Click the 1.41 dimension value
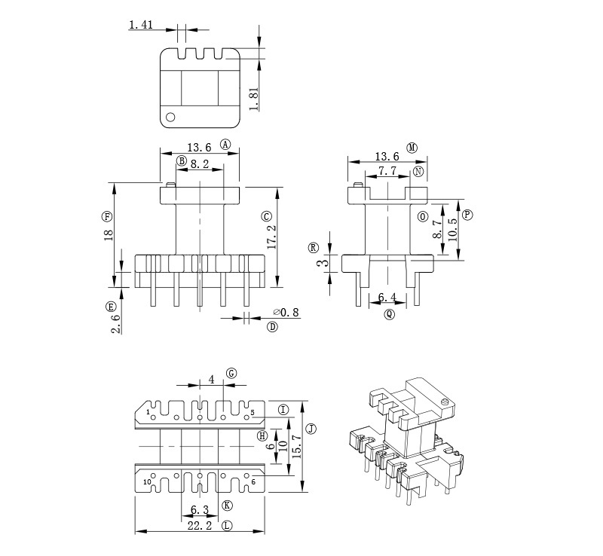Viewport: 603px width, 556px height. coord(141,25)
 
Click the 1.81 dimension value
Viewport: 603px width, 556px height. coord(253,99)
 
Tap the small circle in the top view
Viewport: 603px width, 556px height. coord(170,117)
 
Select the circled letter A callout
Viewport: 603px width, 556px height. coord(225,144)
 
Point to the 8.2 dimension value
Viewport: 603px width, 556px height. coord(199,164)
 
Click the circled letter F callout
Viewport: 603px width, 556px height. coord(107,216)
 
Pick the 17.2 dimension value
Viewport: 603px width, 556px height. coord(271,237)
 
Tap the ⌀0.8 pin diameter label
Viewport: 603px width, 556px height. coord(286,312)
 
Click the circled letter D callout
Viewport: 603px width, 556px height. coord(272,327)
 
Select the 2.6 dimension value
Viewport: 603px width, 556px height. coord(115,324)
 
